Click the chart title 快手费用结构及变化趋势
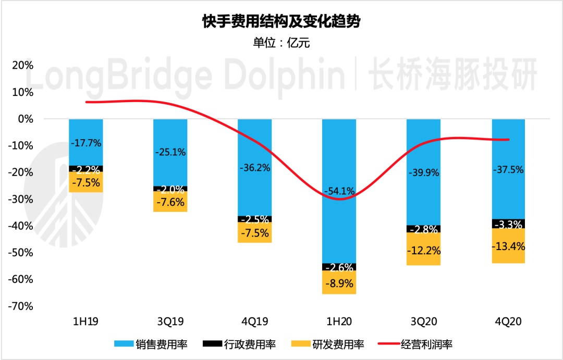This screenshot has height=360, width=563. [281, 22]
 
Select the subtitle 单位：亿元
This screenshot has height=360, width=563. [281, 43]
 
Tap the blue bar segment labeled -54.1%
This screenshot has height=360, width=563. [339, 229]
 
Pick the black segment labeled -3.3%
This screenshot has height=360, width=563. [508, 224]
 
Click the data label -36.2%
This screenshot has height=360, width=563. [254, 168]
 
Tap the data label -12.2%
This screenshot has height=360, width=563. [424, 250]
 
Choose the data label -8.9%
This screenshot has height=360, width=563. [339, 284]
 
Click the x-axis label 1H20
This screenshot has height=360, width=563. [339, 321]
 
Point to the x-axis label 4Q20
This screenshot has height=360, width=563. [508, 321]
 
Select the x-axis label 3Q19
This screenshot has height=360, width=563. [170, 321]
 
